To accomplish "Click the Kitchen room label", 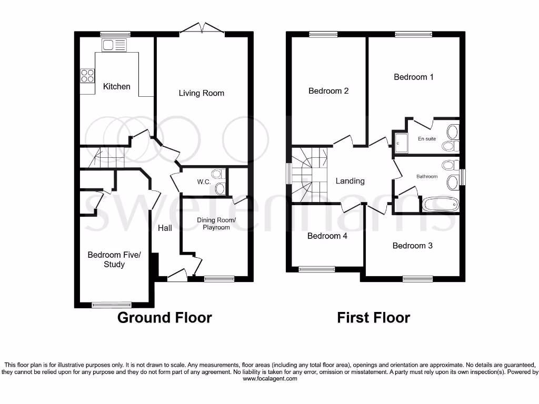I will [x=116, y=86].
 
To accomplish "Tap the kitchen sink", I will [x=115, y=45].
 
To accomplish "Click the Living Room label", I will [x=201, y=93].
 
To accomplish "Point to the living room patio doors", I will [x=202, y=29].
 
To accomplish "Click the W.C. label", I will [x=204, y=182].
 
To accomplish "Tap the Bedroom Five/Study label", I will [x=114, y=260].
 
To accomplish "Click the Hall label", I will [x=165, y=228].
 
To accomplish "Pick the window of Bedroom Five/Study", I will [x=111, y=304].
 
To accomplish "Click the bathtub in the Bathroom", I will [x=439, y=205].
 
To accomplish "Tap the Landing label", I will [x=350, y=181].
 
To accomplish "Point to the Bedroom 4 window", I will [x=316, y=269].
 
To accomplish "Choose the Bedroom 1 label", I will [x=414, y=77].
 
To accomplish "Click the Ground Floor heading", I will [x=164, y=318].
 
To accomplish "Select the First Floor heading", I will [x=373, y=318].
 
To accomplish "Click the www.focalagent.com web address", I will [x=269, y=378].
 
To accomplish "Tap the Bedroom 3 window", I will [x=418, y=279].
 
